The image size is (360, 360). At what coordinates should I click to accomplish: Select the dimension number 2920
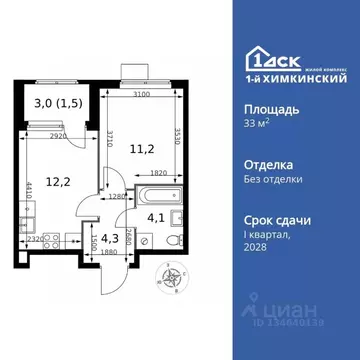(x=60, y=133)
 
